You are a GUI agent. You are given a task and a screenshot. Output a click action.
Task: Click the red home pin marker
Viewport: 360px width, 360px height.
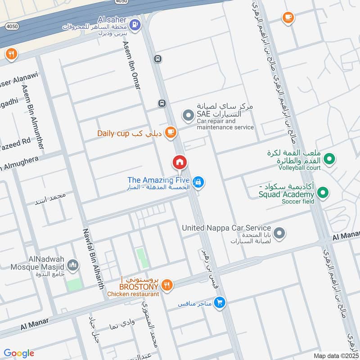tap(179, 162)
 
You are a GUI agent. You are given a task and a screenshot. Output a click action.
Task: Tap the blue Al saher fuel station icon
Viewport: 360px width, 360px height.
tap(134, 24)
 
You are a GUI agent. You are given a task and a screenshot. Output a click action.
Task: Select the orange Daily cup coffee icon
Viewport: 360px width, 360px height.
tap(170, 132)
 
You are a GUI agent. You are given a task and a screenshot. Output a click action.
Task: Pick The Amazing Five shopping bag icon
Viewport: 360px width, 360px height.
tap(198, 182)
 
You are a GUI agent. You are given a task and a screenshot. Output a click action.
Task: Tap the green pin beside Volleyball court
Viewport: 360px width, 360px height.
tap(330, 158)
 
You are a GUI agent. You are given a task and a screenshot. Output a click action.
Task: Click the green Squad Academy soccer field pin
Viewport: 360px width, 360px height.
tap(322, 194)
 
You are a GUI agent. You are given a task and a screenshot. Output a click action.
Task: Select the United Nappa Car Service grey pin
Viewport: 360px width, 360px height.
tap(279, 233)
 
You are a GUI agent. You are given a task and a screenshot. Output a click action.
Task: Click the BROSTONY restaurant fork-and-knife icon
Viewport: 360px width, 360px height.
tap(167, 284)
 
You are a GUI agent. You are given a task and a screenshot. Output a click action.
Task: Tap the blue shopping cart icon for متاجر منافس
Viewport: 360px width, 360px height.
tap(219, 303)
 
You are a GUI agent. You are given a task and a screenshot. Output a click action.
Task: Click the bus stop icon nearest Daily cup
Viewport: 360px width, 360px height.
tap(162, 103)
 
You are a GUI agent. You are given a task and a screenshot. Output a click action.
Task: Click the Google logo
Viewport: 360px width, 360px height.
tap(19, 353)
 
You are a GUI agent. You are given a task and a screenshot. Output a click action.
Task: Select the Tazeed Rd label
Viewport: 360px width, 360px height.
tap(15, 141)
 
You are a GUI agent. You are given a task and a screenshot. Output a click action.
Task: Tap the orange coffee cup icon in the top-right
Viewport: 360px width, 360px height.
tap(288, 18)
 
